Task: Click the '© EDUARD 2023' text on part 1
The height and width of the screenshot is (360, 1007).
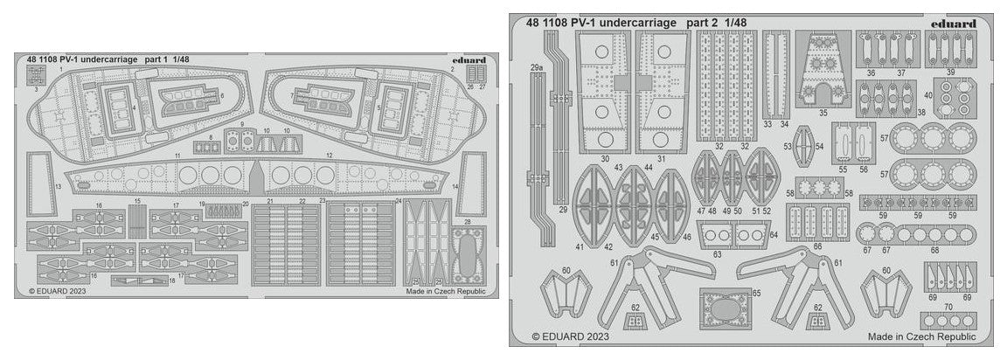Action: coord(58,291)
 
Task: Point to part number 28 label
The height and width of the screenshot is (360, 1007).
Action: coord(468,223)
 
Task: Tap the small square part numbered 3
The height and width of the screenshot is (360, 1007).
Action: coord(36,76)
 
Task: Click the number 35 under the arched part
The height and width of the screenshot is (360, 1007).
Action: coord(823,113)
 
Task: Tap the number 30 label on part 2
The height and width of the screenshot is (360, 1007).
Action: coord(606,160)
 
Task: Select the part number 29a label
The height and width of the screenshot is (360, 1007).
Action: coord(536,66)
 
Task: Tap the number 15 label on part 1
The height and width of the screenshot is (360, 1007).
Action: coord(137,201)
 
